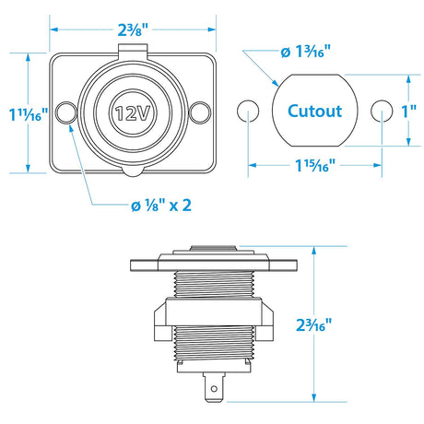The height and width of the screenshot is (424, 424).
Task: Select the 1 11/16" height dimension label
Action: [28, 112]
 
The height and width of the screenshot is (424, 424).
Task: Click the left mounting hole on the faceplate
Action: [65, 112]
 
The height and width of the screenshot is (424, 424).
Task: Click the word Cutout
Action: [314, 112]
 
